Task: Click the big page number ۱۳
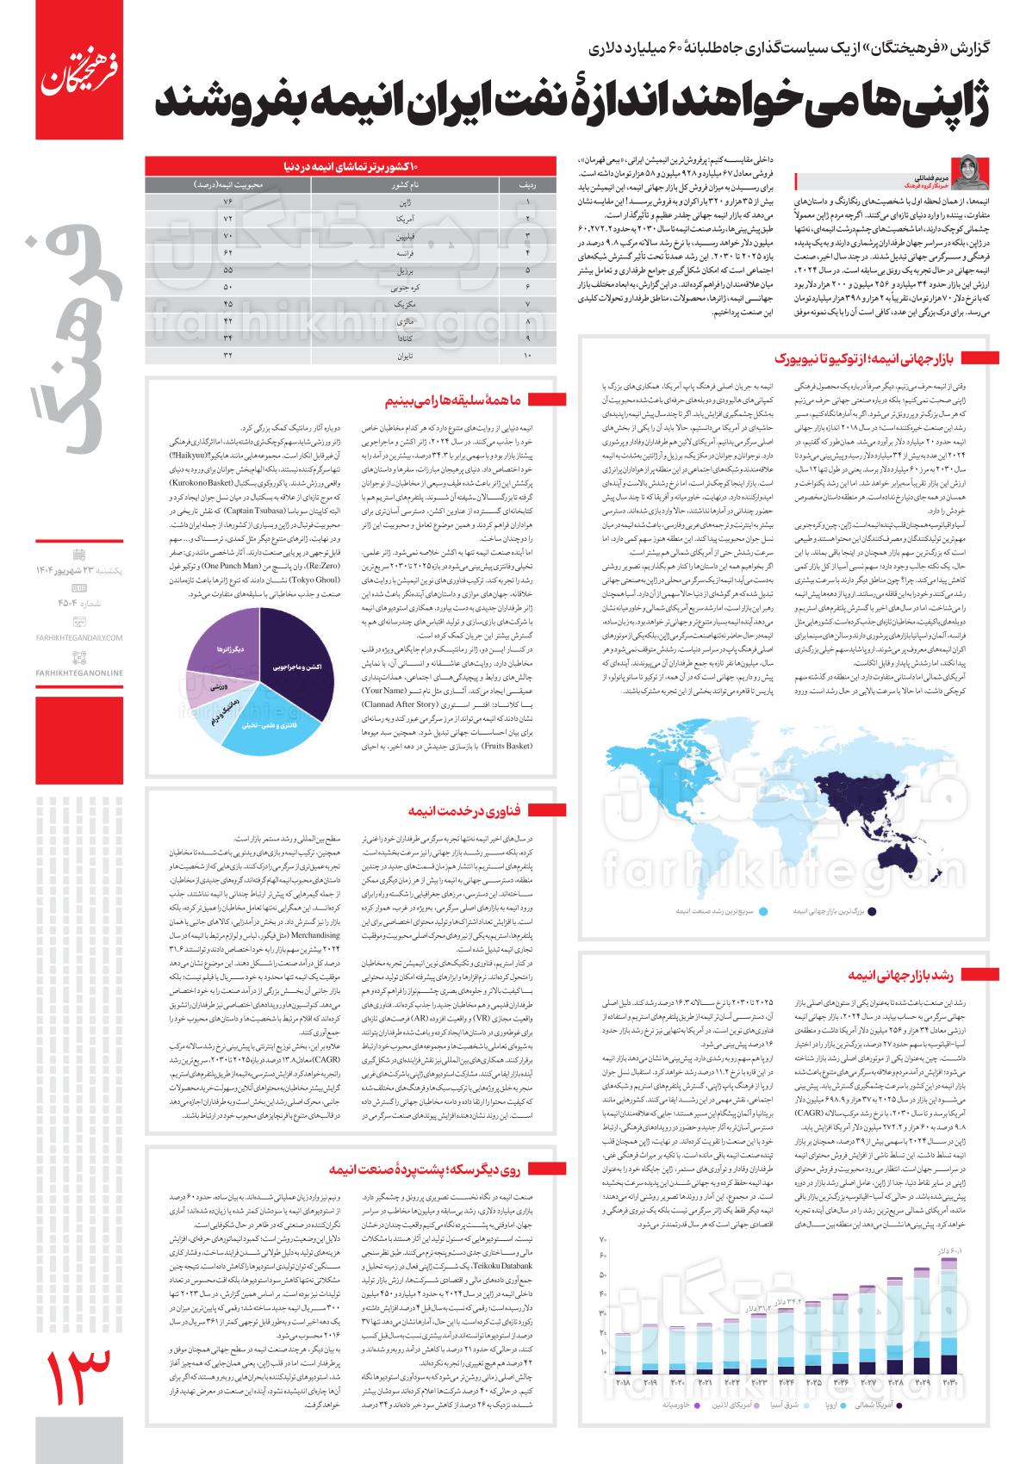[x=77, y=1386]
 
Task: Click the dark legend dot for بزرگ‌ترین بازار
[x=872, y=911]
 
